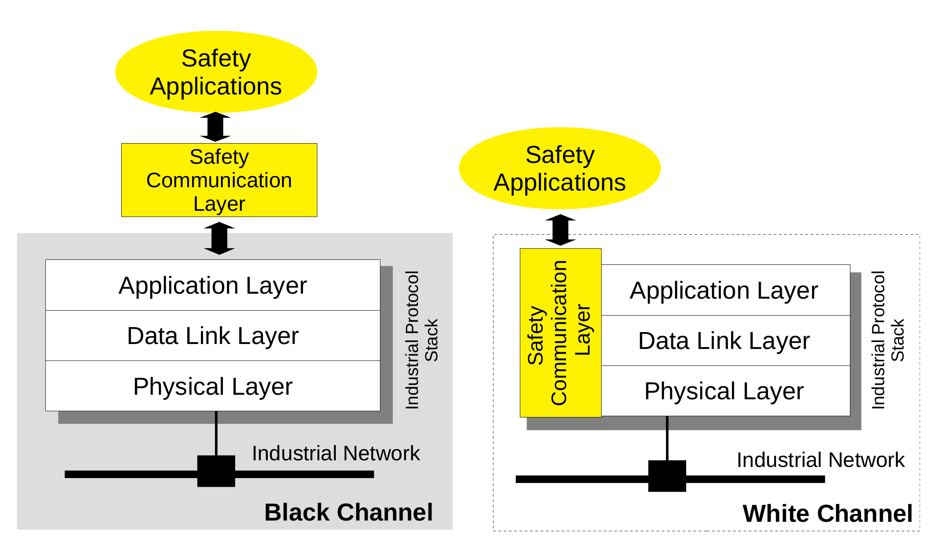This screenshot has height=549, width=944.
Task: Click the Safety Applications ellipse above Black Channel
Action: [216, 72]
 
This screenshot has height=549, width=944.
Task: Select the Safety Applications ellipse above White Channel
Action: [559, 168]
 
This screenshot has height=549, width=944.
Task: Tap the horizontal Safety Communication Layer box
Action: [219, 180]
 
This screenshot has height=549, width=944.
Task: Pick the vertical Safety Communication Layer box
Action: [560, 333]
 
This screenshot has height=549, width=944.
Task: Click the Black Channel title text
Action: [349, 512]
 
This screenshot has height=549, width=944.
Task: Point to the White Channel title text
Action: [827, 514]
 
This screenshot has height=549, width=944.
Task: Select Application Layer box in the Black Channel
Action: [212, 285]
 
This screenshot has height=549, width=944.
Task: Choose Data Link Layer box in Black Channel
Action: [212, 336]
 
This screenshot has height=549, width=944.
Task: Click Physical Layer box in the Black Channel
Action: [212, 386]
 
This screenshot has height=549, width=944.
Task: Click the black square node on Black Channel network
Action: [216, 471]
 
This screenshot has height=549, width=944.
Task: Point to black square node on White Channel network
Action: [667, 476]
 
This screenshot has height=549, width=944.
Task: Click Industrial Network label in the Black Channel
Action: [335, 453]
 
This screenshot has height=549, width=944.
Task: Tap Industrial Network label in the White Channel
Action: [820, 460]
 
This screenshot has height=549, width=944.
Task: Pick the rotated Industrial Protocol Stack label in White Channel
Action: [887, 340]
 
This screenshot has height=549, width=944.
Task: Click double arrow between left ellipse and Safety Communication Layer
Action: [215, 127]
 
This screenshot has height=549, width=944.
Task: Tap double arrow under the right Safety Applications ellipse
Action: [560, 230]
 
